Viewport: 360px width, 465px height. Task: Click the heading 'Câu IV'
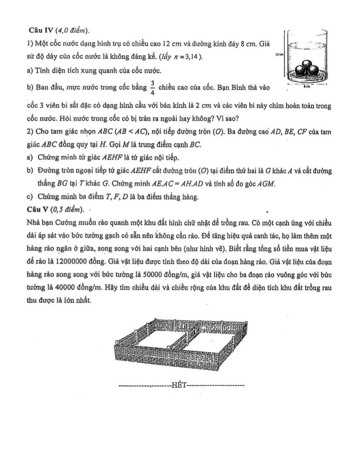coord(40,30)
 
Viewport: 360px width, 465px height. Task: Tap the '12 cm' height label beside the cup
coord(279,54)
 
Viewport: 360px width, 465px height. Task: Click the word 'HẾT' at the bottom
coord(180,386)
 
